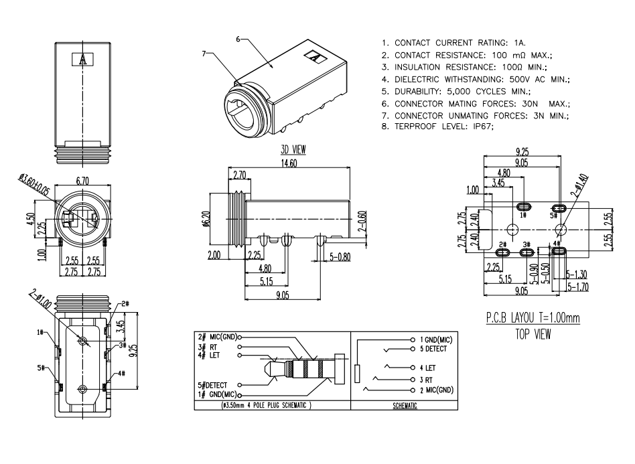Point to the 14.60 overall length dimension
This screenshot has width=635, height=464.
289,163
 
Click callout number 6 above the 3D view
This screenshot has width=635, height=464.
239,40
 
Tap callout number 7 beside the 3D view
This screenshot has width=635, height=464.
204,52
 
